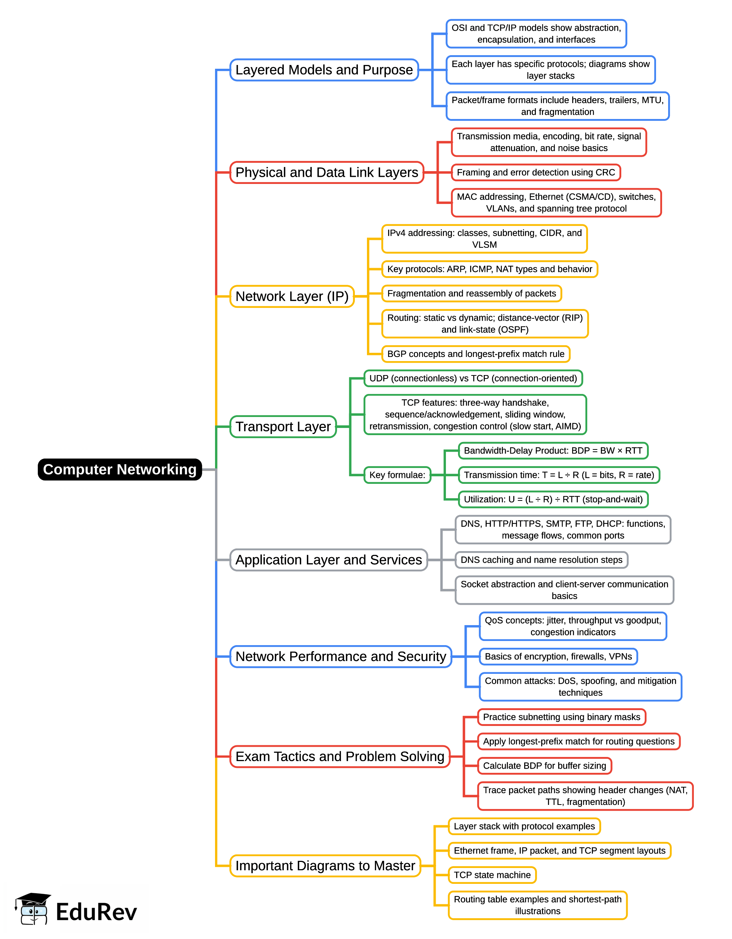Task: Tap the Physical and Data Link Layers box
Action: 327,172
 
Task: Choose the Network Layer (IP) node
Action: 292,296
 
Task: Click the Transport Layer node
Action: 283,426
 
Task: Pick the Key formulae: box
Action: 397,475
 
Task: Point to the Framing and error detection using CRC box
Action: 535,172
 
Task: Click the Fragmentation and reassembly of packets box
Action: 471,293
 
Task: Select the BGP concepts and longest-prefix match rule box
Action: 476,354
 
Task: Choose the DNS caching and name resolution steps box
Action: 541,560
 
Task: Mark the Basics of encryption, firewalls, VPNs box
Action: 558,656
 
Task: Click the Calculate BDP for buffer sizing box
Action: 544,766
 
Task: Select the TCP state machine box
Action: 492,875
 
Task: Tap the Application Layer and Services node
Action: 328,560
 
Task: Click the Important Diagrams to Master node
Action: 325,865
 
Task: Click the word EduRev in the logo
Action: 96,912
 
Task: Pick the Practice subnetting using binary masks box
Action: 561,717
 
